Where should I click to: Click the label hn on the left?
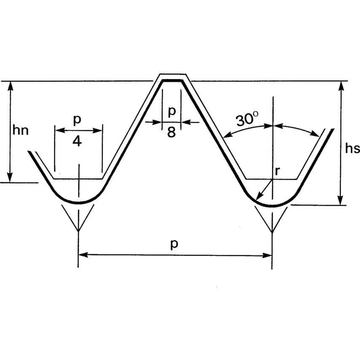[x=20, y=130]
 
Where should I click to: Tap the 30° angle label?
[x=247, y=119]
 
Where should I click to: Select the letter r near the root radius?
[x=277, y=171]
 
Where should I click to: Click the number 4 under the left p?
[x=77, y=141]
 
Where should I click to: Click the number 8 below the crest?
[x=172, y=132]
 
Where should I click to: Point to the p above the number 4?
[x=77, y=119]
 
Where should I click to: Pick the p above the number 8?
[x=172, y=111]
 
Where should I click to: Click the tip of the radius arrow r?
[x=256, y=200]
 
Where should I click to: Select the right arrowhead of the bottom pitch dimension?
[x=271, y=255]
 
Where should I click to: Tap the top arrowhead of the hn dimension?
[x=10, y=82]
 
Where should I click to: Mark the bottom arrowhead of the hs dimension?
[x=341, y=204]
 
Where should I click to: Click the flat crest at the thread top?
[x=172, y=81]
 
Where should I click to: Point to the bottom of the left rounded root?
[x=79, y=203]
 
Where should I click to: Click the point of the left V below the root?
[x=78, y=231]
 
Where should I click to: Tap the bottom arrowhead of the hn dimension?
[x=10, y=182]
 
